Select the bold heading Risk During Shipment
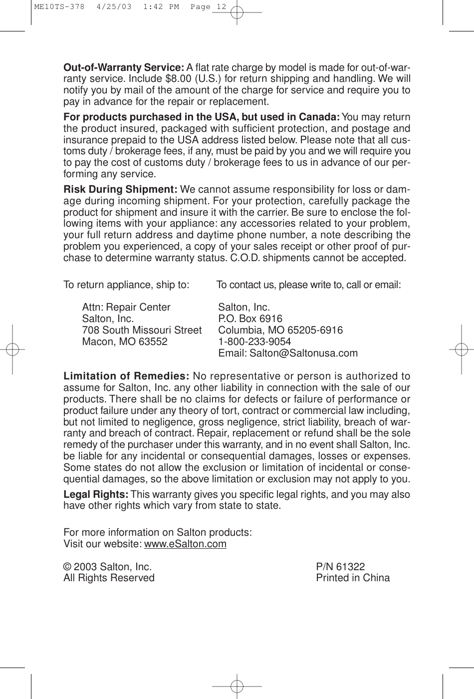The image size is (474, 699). pyautogui.click(x=120, y=190)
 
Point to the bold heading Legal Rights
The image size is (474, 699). pyautogui.click(x=96, y=494)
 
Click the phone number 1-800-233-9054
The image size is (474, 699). pyautogui.click(x=254, y=342)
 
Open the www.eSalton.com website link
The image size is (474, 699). pyautogui.click(x=185, y=544)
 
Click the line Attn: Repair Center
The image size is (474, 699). pyautogui.click(x=126, y=308)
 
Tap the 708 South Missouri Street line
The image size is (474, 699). pyautogui.click(x=142, y=331)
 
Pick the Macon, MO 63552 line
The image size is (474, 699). pyautogui.click(x=125, y=342)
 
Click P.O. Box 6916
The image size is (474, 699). pyautogui.click(x=250, y=319)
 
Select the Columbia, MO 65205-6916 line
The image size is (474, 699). pyautogui.click(x=280, y=331)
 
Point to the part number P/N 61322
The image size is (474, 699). pyautogui.click(x=340, y=567)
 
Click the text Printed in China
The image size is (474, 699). pyautogui.click(x=353, y=578)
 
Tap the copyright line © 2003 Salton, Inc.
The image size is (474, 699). pyautogui.click(x=107, y=567)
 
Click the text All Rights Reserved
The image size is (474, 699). pyautogui.click(x=109, y=578)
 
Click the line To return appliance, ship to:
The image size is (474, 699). pyautogui.click(x=126, y=285)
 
